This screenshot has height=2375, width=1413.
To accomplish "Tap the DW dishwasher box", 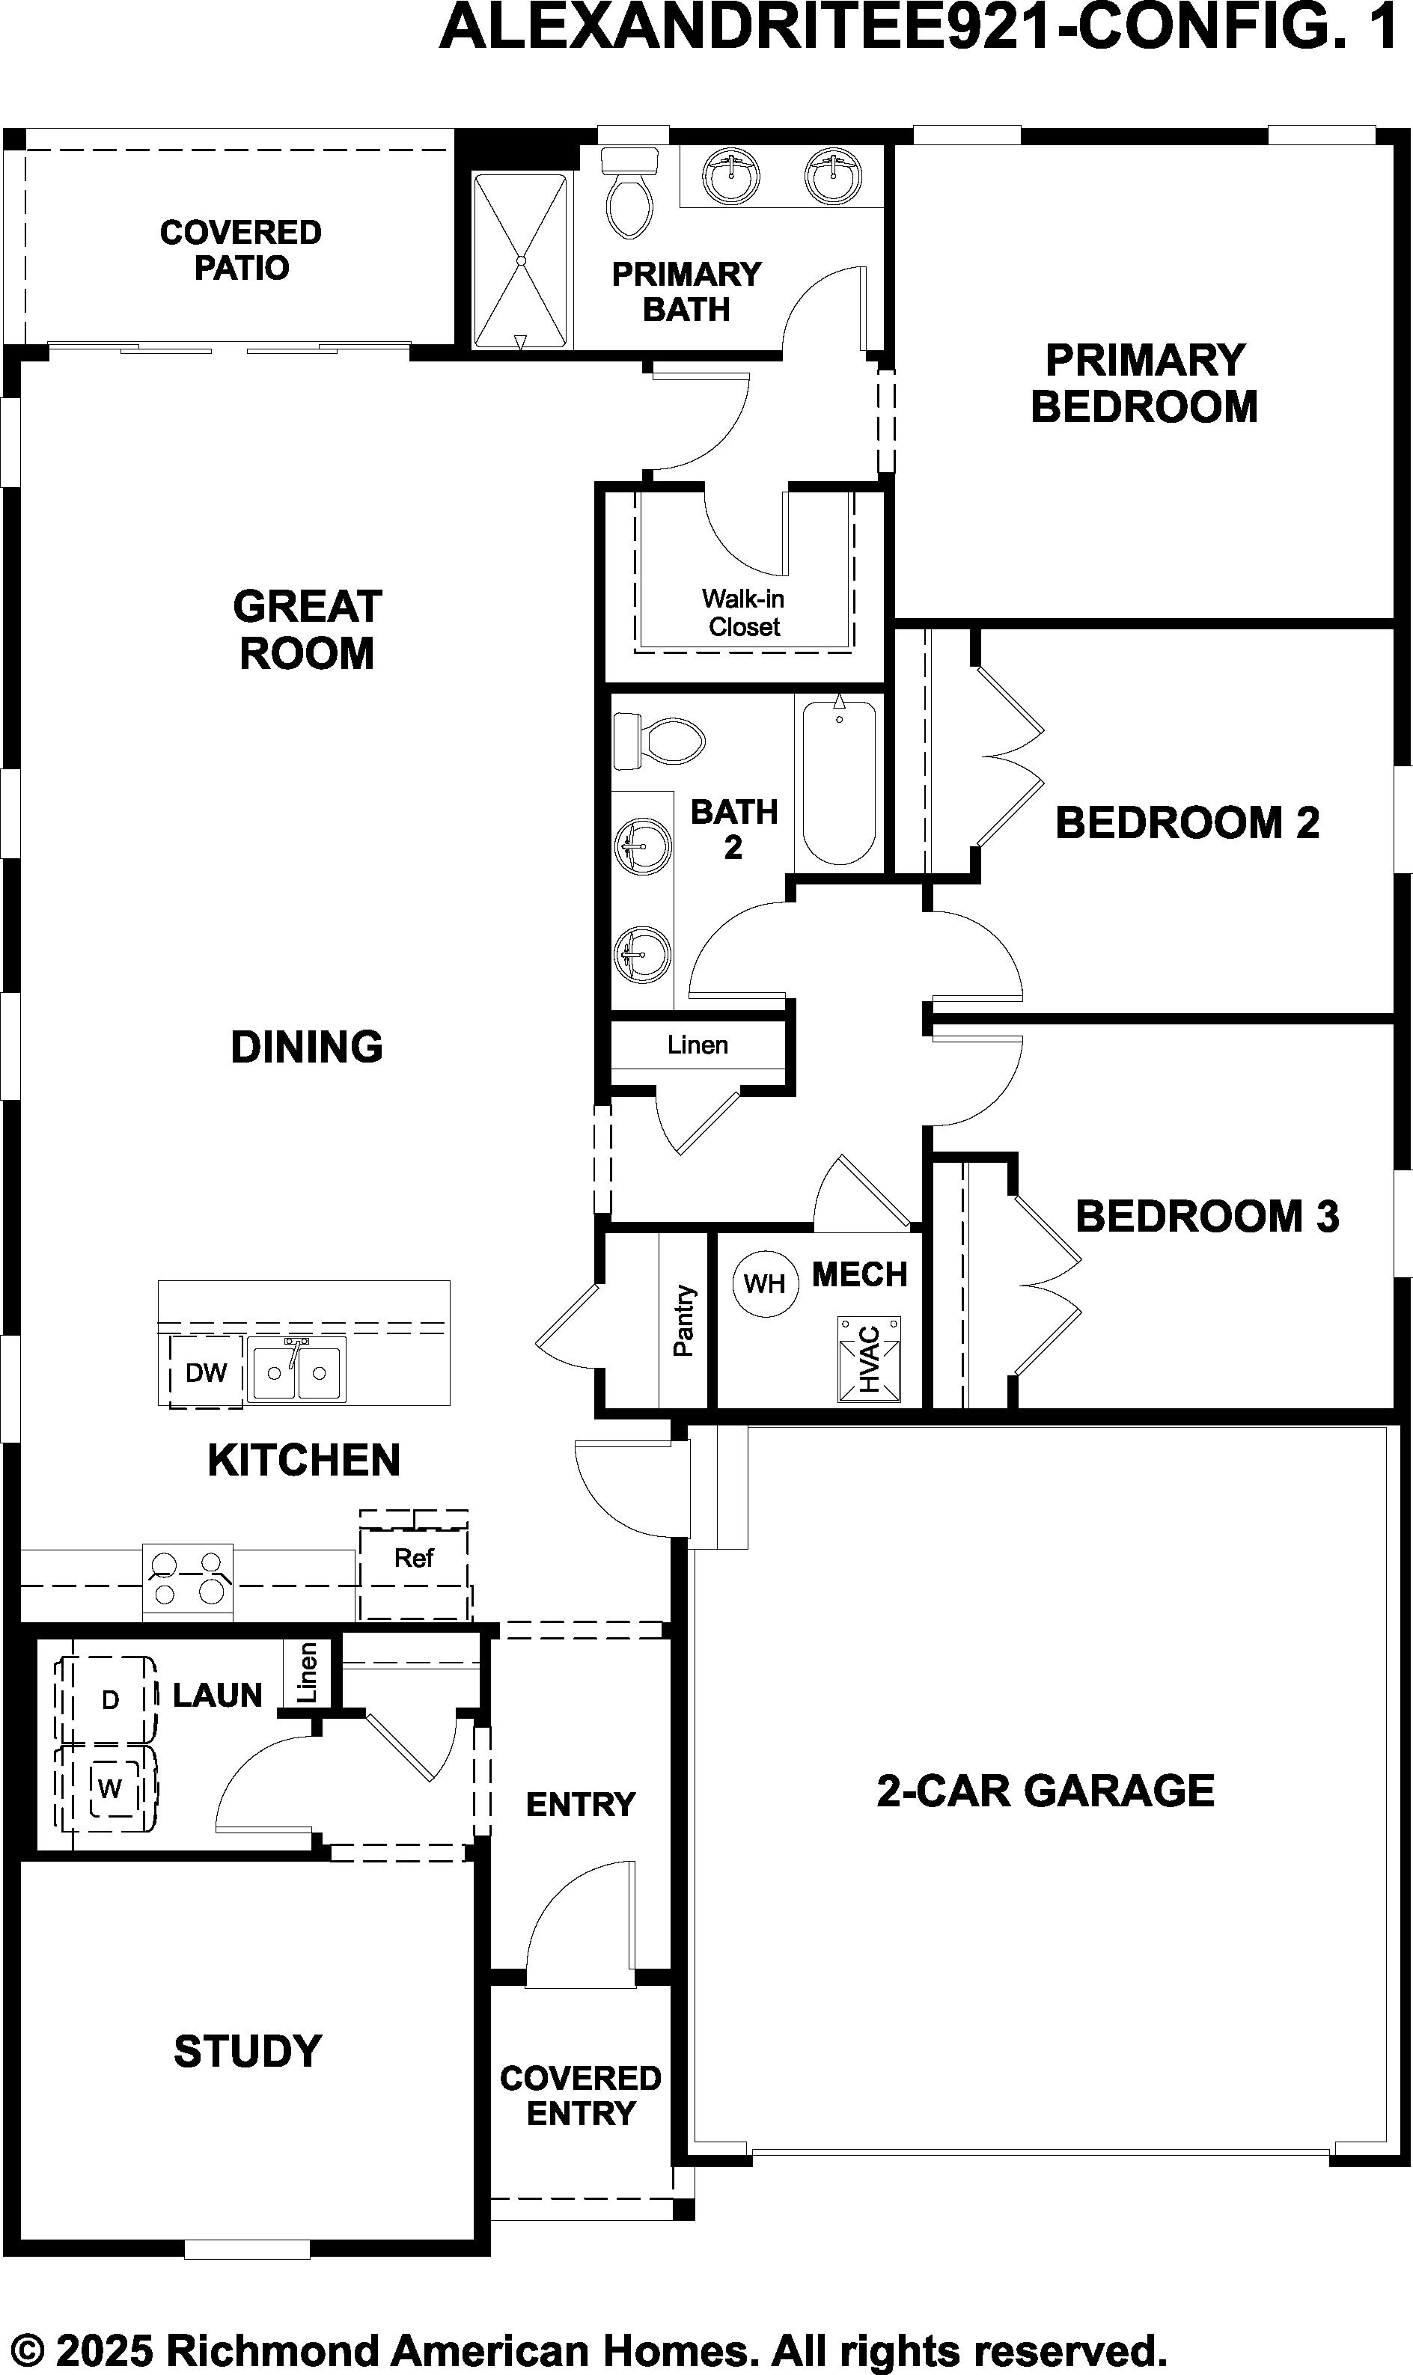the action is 206,1372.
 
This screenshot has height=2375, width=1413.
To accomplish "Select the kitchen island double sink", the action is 297,1372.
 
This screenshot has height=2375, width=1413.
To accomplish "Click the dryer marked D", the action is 106,1699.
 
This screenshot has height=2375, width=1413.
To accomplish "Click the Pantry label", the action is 683,1320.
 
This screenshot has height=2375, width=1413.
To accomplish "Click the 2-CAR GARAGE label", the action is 1046,1791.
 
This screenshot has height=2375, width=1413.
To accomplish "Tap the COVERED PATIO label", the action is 241,249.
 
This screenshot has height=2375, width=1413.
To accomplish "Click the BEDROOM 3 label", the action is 1207,1217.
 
